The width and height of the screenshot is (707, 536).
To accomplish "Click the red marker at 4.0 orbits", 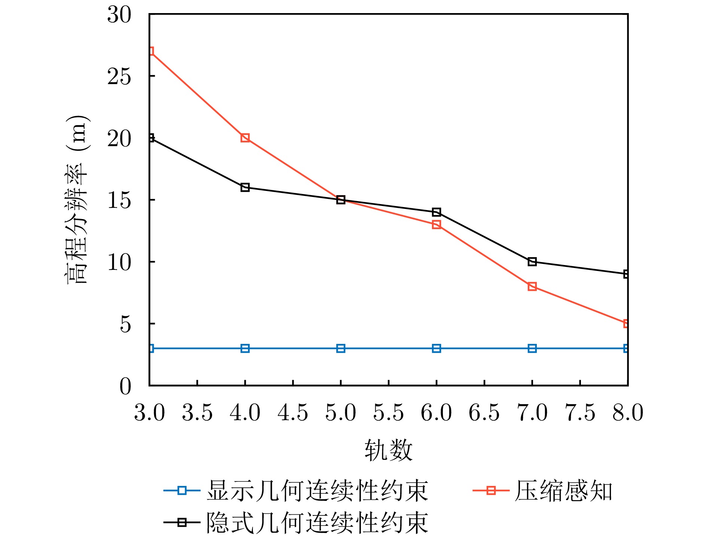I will [245, 138].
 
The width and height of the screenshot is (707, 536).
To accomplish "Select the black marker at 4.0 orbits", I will [245, 187].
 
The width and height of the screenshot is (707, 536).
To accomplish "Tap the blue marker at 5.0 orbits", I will [341, 348].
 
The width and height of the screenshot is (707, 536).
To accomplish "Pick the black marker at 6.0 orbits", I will [437, 212].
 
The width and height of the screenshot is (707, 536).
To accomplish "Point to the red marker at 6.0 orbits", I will [437, 224].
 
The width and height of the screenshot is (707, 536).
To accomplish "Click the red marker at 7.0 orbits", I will [532, 286].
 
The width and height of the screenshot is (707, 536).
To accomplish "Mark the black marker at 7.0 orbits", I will [532, 262].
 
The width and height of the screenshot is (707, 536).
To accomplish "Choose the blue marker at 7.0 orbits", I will [532, 348].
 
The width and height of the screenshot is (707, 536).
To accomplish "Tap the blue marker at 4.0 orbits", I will [245, 348].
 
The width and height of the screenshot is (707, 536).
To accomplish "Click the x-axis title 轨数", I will [388, 450].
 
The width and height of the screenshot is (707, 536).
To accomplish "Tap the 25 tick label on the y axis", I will [119, 76].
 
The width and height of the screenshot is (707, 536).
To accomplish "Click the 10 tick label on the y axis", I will [119, 262].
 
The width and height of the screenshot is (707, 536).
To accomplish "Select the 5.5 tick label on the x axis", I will [388, 413].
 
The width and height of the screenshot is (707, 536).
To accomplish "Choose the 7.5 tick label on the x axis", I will [580, 413].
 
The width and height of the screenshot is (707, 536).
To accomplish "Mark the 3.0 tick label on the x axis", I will [149, 413].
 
